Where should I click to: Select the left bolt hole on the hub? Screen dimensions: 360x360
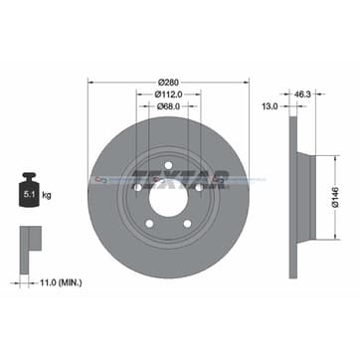137,187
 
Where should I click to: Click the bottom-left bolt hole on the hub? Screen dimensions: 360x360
149,223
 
